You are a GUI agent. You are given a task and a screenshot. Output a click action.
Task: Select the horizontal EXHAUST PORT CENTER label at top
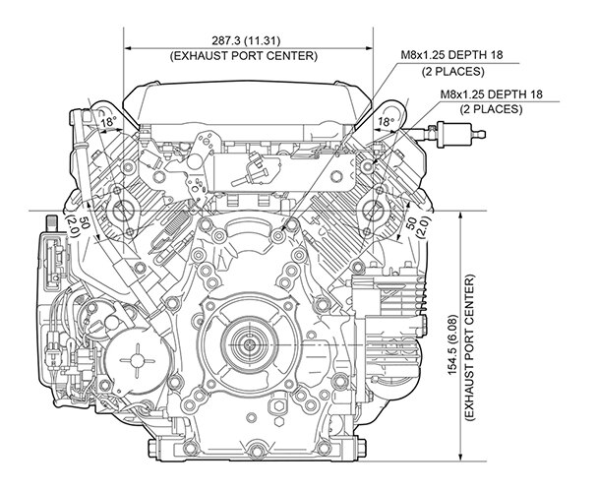[250, 56]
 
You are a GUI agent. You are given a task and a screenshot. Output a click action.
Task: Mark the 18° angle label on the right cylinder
[386, 122]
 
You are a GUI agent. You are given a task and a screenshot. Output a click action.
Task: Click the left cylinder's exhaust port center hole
[126, 209]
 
